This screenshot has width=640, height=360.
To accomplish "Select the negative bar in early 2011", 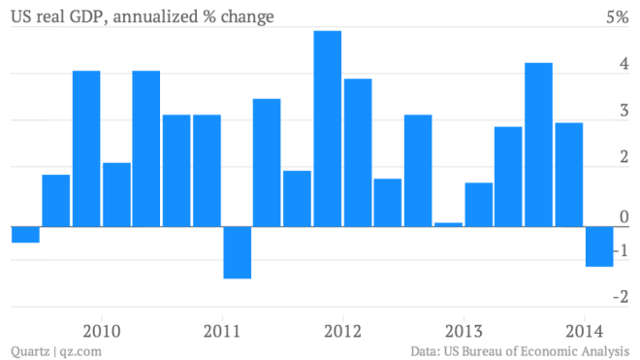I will click(238, 252).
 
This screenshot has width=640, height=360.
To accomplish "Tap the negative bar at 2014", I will click(599, 246).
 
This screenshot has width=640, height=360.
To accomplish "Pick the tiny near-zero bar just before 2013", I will click(449, 224).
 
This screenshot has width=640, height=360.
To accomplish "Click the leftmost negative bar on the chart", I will click(25, 235).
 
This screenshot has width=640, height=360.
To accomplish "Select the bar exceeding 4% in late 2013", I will click(539, 145).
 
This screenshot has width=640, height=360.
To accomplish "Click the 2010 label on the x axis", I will click(102, 328).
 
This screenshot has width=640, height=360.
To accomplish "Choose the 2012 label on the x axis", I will click(343, 328).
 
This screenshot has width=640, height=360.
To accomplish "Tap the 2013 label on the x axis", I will click(464, 328).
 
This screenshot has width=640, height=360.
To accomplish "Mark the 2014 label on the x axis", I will click(584, 328).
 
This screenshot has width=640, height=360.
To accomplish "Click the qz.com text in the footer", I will click(81, 349).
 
